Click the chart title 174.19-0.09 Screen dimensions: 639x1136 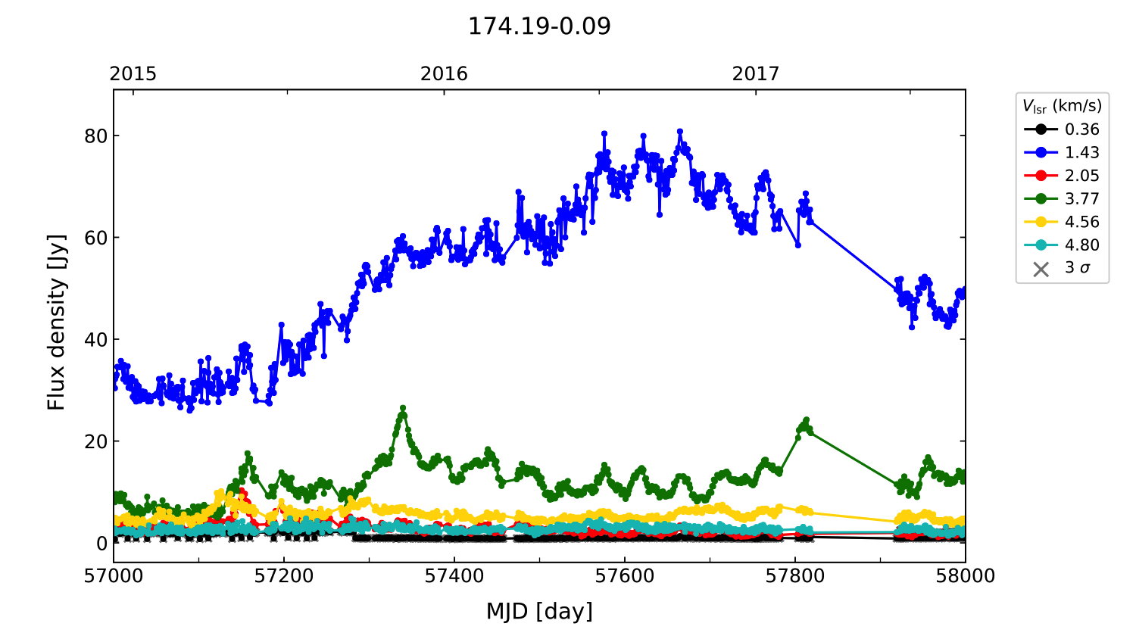pos(539,26)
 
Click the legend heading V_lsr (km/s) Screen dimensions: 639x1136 pos(1062,106)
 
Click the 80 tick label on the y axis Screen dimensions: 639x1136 pos(96,136)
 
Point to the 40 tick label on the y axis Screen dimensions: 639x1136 pos(96,339)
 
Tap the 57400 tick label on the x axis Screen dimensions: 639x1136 pos(454,576)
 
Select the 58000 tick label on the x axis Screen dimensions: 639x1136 pos(965,576)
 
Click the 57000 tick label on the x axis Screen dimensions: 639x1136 pos(114,576)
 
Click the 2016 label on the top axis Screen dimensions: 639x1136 pos(444,73)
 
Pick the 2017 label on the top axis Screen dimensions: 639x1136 pos(755,73)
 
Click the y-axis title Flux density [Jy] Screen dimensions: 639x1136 pos(57,322)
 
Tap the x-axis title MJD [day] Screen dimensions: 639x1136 pos(539,611)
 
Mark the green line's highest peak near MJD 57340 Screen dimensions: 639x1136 pos(403,408)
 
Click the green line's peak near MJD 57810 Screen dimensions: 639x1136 pos(807,419)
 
